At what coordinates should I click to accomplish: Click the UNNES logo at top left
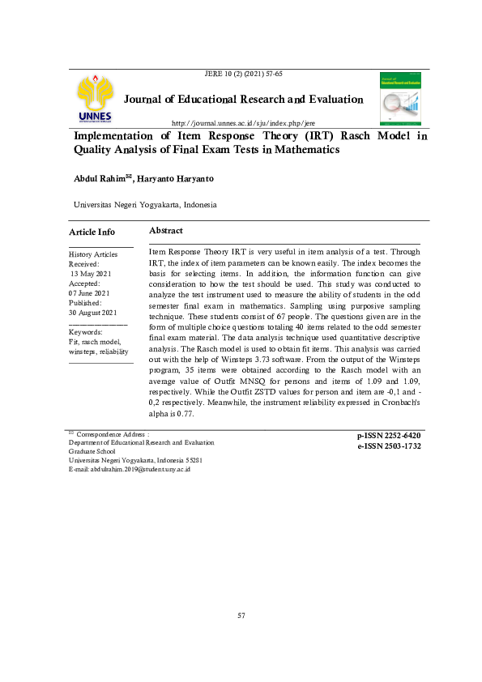(x=96, y=100)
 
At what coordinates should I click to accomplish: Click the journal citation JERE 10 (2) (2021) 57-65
(x=244, y=74)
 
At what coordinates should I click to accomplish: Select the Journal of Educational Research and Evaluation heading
(x=243, y=100)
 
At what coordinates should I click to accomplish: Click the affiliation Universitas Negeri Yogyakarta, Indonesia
(x=145, y=206)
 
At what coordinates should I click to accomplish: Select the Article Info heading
(x=92, y=232)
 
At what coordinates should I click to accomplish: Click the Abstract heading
(x=166, y=231)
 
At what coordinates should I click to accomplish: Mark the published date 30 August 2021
(x=94, y=313)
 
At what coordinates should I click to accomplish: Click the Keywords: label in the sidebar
(x=86, y=332)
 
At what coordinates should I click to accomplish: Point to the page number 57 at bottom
(x=241, y=616)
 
